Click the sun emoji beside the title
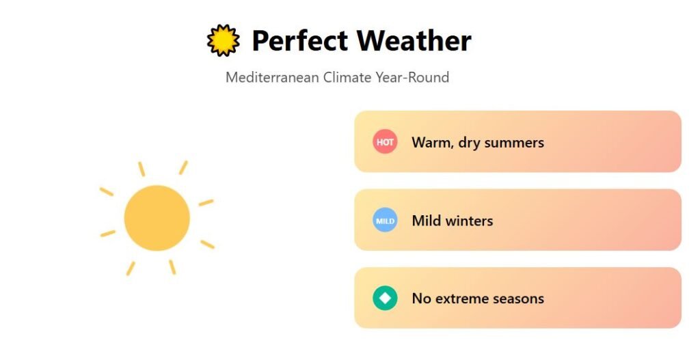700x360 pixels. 224,40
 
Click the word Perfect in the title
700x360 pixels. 299,40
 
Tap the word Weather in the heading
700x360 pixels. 414,40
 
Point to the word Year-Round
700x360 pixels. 412,77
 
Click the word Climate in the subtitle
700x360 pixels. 347,77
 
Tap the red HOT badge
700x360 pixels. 385,142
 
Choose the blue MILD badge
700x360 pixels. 385,221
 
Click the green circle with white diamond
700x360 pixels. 385,298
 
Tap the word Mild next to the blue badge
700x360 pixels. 425,221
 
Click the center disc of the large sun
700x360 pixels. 157,218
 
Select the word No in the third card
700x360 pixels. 421,299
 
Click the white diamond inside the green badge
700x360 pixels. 385,298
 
